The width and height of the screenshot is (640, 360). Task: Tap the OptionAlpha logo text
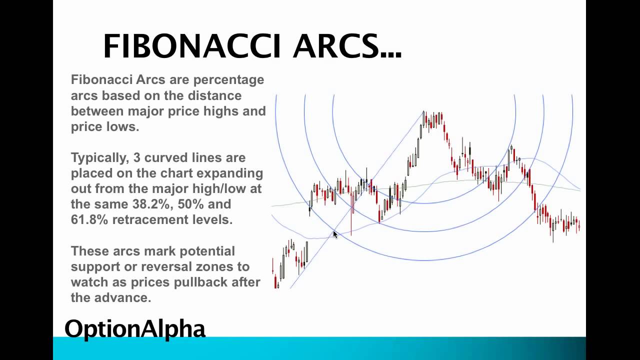pyautogui.click(x=135, y=328)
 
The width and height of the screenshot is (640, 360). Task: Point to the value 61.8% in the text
pyautogui.click(x=89, y=219)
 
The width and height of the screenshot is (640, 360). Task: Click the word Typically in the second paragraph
pyautogui.click(x=98, y=158)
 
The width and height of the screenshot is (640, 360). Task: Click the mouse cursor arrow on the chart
pyautogui.click(x=335, y=234)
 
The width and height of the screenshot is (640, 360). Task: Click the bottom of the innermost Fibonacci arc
pyautogui.click(x=424, y=203)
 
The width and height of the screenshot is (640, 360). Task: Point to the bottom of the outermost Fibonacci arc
pyautogui.click(x=424, y=260)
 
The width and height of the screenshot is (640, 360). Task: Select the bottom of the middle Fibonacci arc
pyautogui.click(x=424, y=231)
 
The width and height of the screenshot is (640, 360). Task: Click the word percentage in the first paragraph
pyautogui.click(x=229, y=80)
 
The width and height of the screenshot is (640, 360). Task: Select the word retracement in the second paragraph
pyautogui.click(x=153, y=219)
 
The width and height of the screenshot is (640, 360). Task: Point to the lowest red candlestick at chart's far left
pyautogui.click(x=275, y=282)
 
